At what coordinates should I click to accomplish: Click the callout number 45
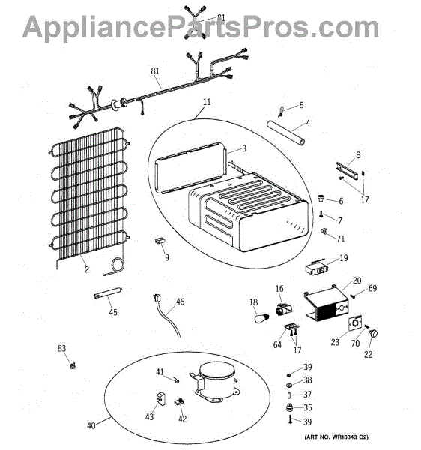(113, 312)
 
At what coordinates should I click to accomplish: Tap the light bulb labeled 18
(262, 318)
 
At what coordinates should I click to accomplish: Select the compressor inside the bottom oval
(215, 382)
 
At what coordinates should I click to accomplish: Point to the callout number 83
(61, 348)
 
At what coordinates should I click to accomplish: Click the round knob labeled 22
(373, 334)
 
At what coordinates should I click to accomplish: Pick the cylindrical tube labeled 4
(285, 133)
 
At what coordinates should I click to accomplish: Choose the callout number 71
(341, 238)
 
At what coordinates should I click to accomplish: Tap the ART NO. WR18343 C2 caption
(336, 437)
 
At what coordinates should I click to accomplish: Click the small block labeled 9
(160, 240)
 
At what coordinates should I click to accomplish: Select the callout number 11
(207, 102)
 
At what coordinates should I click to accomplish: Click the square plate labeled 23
(355, 323)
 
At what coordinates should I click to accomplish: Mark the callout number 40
(91, 425)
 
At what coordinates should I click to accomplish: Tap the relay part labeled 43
(161, 397)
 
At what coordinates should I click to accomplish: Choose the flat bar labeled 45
(108, 292)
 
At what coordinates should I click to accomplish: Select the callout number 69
(372, 288)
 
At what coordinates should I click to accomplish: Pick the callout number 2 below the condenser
(87, 269)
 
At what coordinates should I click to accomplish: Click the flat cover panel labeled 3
(190, 167)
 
